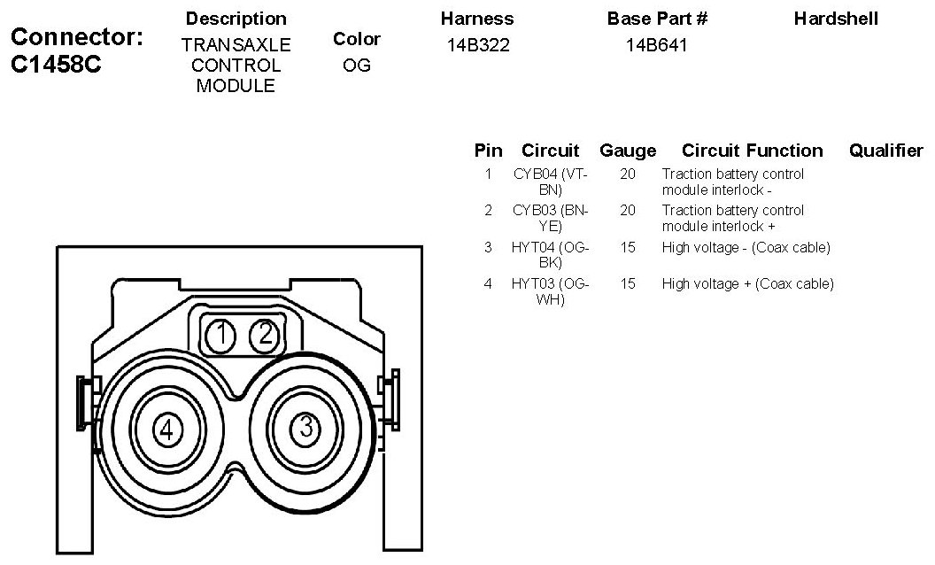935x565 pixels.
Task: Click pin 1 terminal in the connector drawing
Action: click(x=221, y=335)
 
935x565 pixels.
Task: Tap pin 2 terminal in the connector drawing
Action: click(x=264, y=335)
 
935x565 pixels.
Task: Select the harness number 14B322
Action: click(x=476, y=45)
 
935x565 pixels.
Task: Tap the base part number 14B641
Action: click(x=657, y=45)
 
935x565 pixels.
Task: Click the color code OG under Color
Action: click(x=356, y=66)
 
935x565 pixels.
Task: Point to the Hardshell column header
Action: click(x=836, y=19)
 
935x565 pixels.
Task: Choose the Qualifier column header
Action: click(x=885, y=151)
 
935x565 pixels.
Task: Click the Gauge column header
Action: click(x=628, y=151)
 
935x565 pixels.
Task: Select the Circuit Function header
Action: click(x=752, y=151)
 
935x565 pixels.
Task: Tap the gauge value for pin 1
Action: click(x=628, y=174)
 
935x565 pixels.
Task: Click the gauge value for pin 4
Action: click(x=628, y=284)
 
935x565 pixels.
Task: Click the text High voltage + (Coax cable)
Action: click(x=747, y=284)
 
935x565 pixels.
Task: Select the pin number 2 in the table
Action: click(x=488, y=211)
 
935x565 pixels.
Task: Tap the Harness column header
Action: click(x=476, y=19)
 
